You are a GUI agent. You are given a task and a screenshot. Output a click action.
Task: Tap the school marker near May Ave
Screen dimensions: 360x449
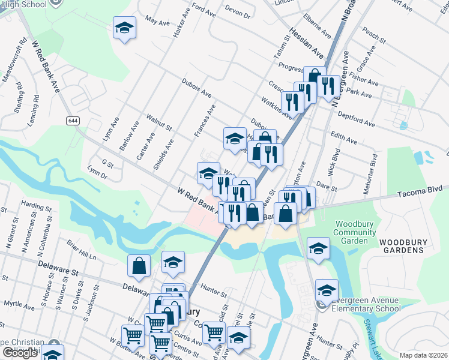[124, 28]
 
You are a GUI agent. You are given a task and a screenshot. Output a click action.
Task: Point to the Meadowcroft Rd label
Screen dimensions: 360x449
[14, 60]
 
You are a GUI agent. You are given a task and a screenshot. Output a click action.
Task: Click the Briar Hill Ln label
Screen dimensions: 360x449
[82, 251]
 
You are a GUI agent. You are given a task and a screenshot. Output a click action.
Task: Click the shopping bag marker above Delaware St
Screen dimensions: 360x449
[139, 266]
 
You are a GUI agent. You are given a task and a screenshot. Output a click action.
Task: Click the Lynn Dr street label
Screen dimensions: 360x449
[97, 173]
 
